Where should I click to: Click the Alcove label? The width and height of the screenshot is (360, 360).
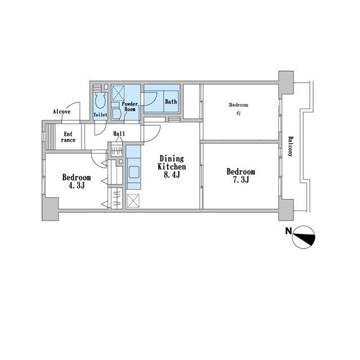tap(61, 111)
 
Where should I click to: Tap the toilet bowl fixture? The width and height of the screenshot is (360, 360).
tap(100, 100)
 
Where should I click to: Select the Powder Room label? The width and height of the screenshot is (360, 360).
tap(130, 106)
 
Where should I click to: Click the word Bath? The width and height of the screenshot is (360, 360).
tap(171, 101)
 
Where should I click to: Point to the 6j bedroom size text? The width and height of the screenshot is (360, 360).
tap(238, 113)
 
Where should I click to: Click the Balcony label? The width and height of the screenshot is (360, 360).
tap(290, 146)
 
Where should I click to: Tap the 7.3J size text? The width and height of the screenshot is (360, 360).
tap(241, 179)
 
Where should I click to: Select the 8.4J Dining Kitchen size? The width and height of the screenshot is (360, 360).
tap(172, 174)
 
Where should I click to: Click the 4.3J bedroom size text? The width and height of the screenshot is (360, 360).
tap(76, 185)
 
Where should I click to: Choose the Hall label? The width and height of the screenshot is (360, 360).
tap(119, 133)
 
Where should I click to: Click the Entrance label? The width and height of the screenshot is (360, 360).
tap(68, 137)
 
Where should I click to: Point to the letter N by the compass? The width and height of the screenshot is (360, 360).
tap(289, 231)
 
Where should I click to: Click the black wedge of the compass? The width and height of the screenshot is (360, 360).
tap(309, 238)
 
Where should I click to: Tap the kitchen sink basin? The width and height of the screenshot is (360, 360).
tap(134, 172)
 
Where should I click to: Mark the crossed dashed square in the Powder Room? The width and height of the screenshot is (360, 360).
tap(118, 93)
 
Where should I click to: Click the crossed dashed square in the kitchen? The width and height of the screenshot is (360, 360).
tap(133, 201)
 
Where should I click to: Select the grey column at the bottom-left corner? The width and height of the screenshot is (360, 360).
tap(50, 208)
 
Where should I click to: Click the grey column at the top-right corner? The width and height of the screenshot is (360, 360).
tap(286, 83)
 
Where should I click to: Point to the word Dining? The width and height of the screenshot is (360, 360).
tap(172, 159)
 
